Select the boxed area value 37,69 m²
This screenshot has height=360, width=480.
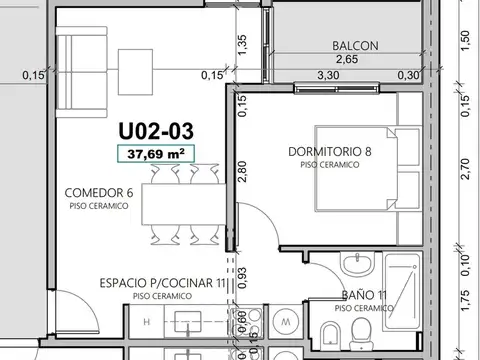coord(155,153)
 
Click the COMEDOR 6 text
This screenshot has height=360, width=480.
coord(98,193)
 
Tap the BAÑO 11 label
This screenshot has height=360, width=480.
coord(355,296)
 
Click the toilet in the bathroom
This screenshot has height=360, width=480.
coord(329,335)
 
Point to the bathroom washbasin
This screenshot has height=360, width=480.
coord(355,265)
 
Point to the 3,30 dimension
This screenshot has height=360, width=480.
coord(327,74)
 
